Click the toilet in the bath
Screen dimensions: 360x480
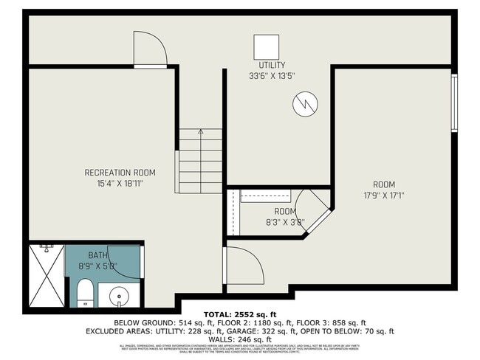click(86, 292)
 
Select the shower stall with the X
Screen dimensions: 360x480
click(46, 276)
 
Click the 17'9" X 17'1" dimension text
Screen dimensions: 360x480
click(384, 195)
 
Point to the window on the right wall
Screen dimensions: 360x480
click(455, 103)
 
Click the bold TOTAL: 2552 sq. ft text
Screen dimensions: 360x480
click(239, 314)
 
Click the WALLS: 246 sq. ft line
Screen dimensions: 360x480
click(239, 340)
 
